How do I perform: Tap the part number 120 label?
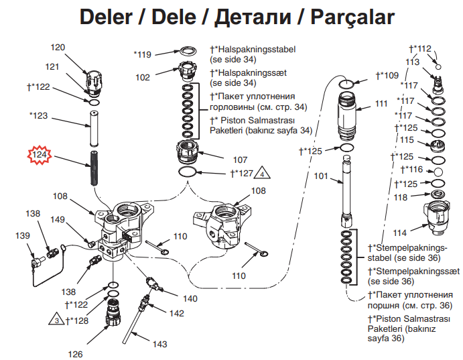click(x=58, y=48)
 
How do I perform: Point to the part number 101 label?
click(x=321, y=176)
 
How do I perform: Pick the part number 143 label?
click(x=159, y=345)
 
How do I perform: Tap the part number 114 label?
click(x=400, y=233)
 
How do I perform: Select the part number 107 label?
click(x=240, y=160)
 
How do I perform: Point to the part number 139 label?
click(x=23, y=235)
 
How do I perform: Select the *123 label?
click(x=39, y=116)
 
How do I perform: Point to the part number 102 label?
click(x=143, y=77)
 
